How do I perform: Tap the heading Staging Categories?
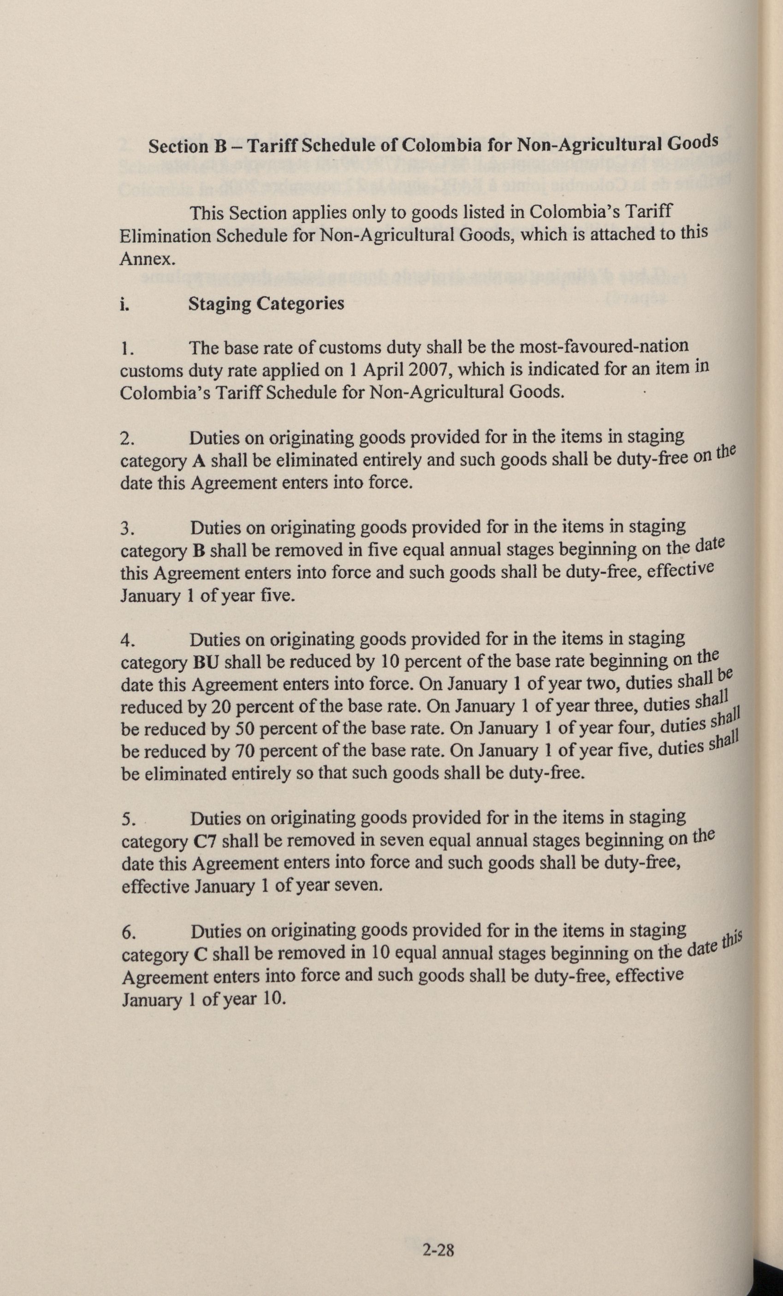pos(266,304)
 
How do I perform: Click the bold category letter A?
pos(198,461)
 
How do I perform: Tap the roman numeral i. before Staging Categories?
pos(125,305)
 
